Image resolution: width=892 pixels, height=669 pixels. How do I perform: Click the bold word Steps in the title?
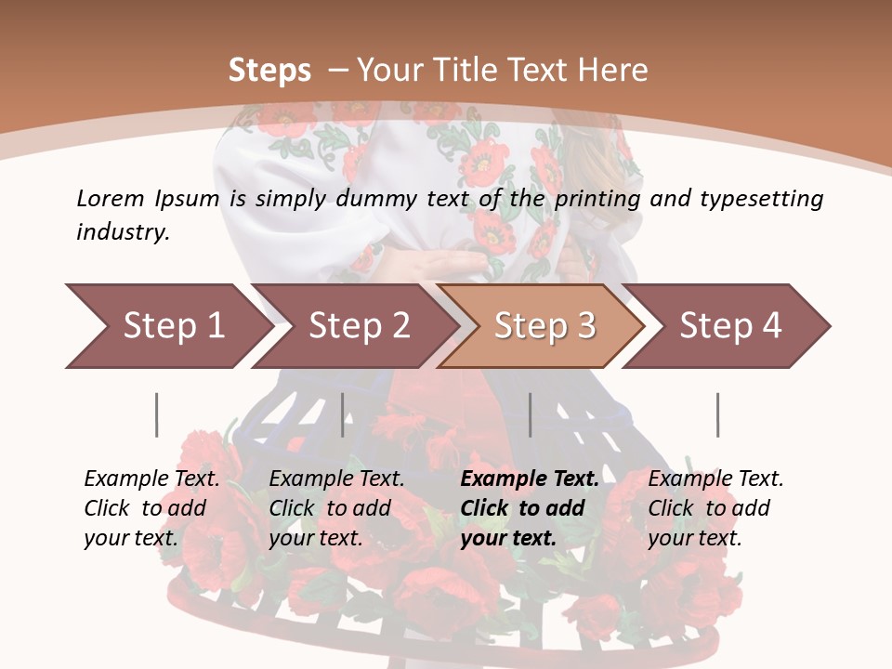click(269, 70)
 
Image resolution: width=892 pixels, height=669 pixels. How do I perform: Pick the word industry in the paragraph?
click(123, 231)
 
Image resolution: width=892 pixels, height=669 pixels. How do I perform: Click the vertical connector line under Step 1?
click(157, 414)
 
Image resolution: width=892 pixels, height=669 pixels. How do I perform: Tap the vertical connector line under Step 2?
click(343, 414)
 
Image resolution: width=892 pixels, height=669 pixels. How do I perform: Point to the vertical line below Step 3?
click(530, 414)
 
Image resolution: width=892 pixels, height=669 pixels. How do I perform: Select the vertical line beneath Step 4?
click(717, 414)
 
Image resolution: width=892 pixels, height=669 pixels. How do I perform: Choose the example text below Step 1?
click(151, 507)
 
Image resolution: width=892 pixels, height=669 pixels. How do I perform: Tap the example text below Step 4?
click(715, 507)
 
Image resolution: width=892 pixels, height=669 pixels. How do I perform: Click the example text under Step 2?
click(336, 507)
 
